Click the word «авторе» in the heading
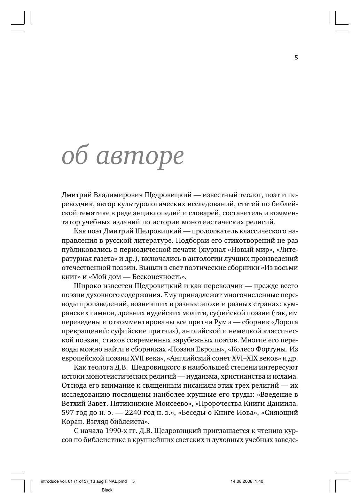(140, 156)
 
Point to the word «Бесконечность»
(162, 277)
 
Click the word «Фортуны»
(273, 349)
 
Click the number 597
(68, 413)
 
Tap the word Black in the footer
(107, 490)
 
